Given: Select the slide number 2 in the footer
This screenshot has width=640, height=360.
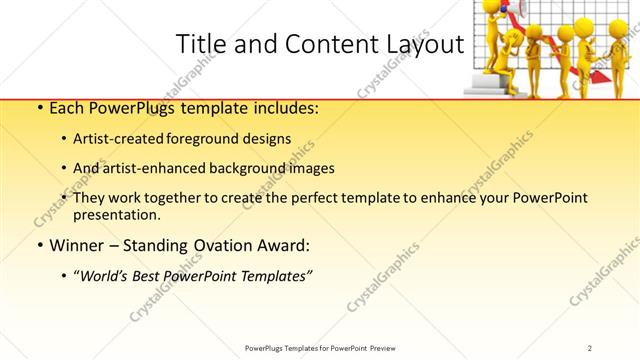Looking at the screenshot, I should click(591, 348).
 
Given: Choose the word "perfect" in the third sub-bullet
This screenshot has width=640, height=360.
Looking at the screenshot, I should click(305, 198).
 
